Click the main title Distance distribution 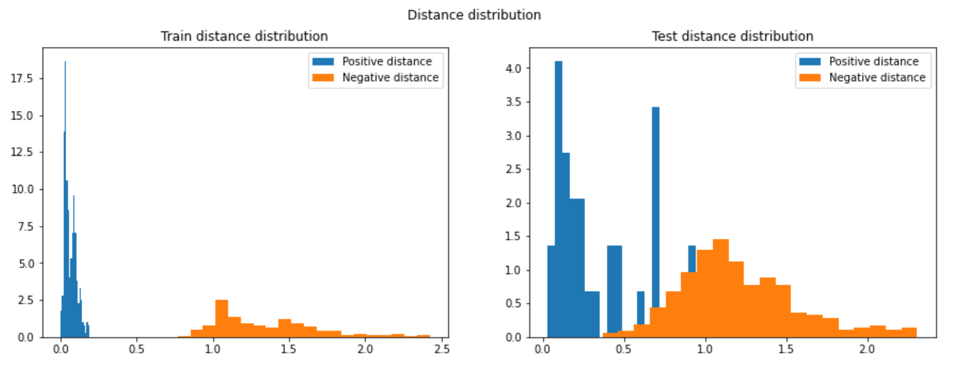474,15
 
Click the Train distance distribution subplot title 244,36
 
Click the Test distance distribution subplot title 732,36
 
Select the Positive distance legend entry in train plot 386,62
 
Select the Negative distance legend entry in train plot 390,78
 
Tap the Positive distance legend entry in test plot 873,62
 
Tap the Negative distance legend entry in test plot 877,78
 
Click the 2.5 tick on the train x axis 441,350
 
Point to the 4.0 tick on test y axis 514,69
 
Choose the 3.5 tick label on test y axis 514,102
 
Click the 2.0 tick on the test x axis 866,350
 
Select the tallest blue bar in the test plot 559,199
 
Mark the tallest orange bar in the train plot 221,319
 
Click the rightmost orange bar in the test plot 908,332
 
